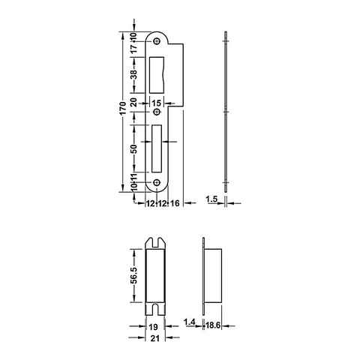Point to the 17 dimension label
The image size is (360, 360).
[133, 48]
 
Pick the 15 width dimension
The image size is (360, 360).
[156, 102]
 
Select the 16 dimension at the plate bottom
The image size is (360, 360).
[173, 203]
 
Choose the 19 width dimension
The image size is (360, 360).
[153, 328]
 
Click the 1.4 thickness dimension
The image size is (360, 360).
[190, 322]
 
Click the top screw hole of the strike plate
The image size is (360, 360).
[157, 42]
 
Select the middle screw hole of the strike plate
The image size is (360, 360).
[157, 113]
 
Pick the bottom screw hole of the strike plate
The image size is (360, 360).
[157, 183]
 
